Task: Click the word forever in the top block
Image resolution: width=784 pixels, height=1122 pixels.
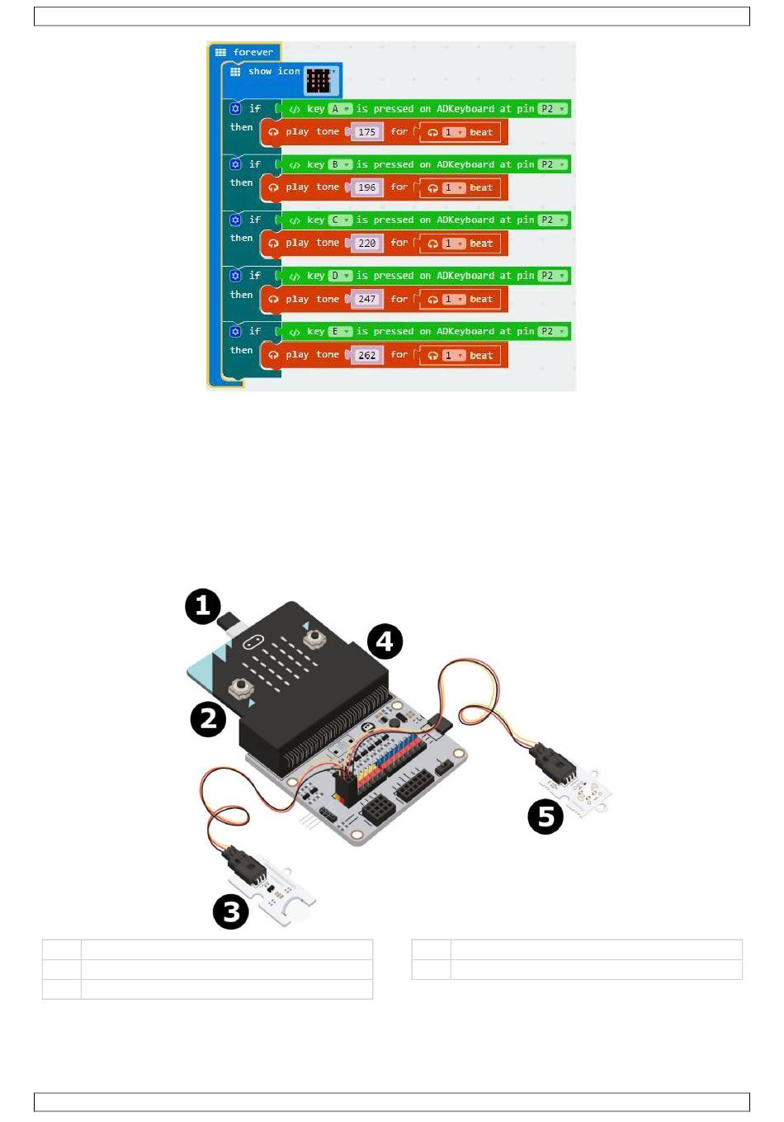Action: [x=253, y=52]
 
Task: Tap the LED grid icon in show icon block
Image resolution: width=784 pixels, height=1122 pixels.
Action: [x=319, y=80]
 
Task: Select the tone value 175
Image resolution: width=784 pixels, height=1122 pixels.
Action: [x=367, y=132]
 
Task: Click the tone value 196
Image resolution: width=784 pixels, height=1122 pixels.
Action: [x=367, y=187]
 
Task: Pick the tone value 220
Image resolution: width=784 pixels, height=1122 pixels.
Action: [x=367, y=243]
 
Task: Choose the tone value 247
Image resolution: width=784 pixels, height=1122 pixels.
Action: [x=367, y=299]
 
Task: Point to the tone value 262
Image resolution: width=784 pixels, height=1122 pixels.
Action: [x=367, y=355]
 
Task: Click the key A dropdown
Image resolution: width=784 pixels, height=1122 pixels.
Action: [x=340, y=109]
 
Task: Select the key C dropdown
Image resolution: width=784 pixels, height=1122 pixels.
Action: [x=340, y=220]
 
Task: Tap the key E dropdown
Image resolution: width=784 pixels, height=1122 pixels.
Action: [x=340, y=331]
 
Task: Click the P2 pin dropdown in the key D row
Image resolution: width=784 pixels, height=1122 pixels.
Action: [x=552, y=276]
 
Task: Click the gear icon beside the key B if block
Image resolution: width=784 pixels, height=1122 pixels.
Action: [x=235, y=164]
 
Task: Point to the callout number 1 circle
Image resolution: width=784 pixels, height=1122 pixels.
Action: [x=203, y=606]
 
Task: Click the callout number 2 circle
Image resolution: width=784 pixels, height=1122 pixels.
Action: [x=208, y=719]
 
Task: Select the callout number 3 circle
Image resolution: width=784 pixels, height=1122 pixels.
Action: [x=231, y=911]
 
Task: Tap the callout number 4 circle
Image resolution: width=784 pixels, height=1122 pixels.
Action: [x=385, y=641]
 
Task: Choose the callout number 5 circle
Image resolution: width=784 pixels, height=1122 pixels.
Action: [x=545, y=817]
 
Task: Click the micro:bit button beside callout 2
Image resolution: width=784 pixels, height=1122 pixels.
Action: [x=242, y=688]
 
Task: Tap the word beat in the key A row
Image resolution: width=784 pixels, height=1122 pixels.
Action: [x=481, y=132]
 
